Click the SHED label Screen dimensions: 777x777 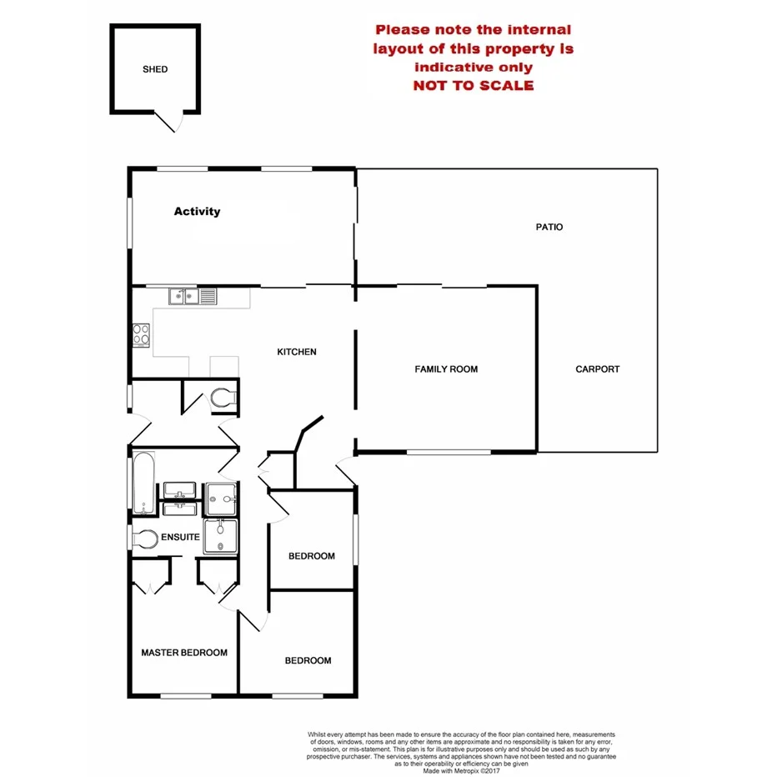[x=154, y=69]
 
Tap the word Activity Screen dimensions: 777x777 [x=197, y=211]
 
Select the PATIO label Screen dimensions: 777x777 [x=549, y=227]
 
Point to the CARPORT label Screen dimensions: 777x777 [x=598, y=368]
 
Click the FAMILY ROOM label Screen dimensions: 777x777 [x=446, y=368]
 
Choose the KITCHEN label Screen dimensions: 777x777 [x=297, y=352]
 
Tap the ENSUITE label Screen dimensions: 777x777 [x=180, y=537]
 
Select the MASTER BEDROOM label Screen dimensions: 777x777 [x=184, y=653]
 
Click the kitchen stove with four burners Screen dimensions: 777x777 [x=141, y=334]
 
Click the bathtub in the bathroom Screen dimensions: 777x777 [x=143, y=483]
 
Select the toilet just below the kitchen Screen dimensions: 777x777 [x=223, y=399]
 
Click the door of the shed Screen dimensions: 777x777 [x=169, y=122]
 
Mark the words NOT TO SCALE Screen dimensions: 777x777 [x=474, y=85]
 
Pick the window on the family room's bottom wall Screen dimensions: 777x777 [x=448, y=453]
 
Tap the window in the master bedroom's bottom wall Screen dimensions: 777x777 [x=184, y=695]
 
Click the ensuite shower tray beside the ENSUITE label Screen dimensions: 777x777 [x=221, y=536]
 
